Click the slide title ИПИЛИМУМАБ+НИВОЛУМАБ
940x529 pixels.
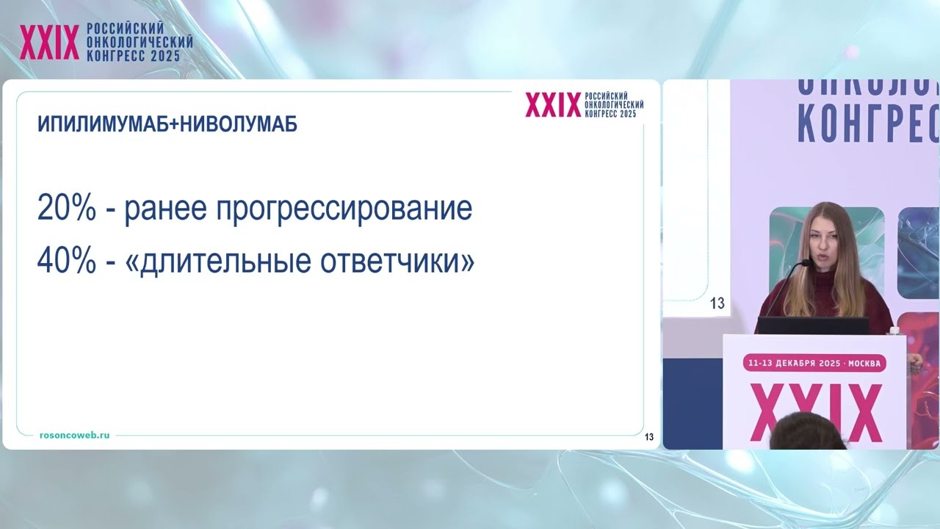tap(167, 124)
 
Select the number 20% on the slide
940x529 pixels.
tap(66, 209)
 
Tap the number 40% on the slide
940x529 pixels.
tap(66, 261)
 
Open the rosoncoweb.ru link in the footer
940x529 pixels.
tap(75, 435)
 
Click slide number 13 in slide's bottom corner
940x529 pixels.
tap(649, 437)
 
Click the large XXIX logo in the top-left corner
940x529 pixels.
tap(49, 43)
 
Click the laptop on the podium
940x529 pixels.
tap(812, 325)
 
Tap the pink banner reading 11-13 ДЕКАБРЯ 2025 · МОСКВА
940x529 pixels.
tap(815, 363)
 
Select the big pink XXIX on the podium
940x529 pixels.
tap(815, 411)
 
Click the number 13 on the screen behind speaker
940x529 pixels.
tap(717, 303)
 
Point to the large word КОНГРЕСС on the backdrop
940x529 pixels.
tap(867, 122)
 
